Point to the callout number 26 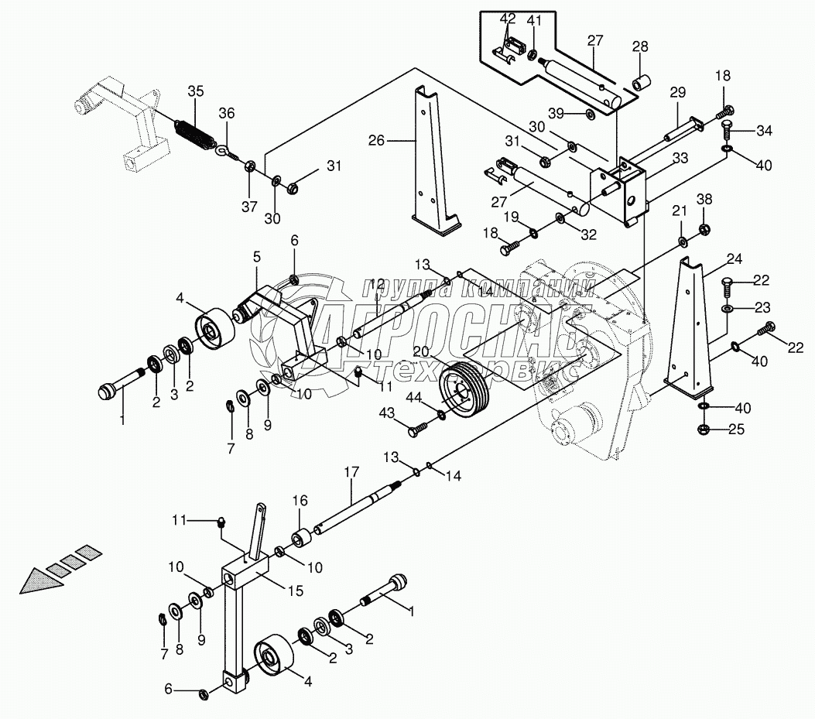pyautogui.click(x=376, y=141)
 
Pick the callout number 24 pyautogui.click(x=734, y=258)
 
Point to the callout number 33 pyautogui.click(x=680, y=159)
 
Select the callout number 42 pyautogui.click(x=507, y=19)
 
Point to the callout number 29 pyautogui.click(x=677, y=92)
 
